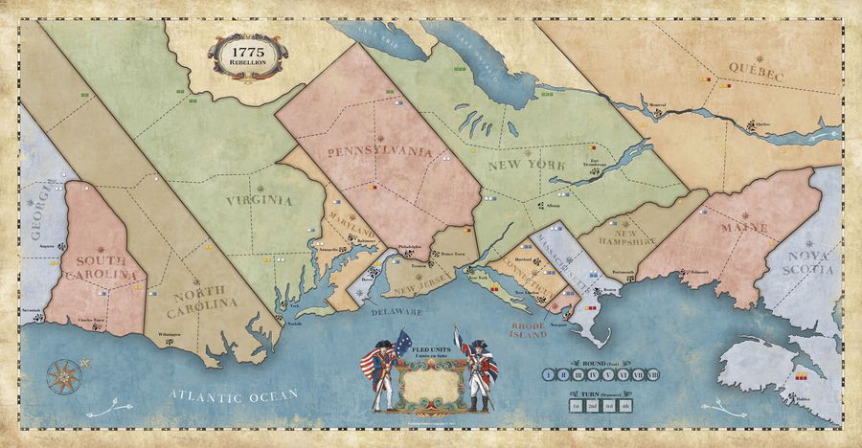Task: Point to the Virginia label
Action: [x=260, y=201]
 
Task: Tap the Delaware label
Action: [x=398, y=311]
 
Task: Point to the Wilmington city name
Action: [x=170, y=334]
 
